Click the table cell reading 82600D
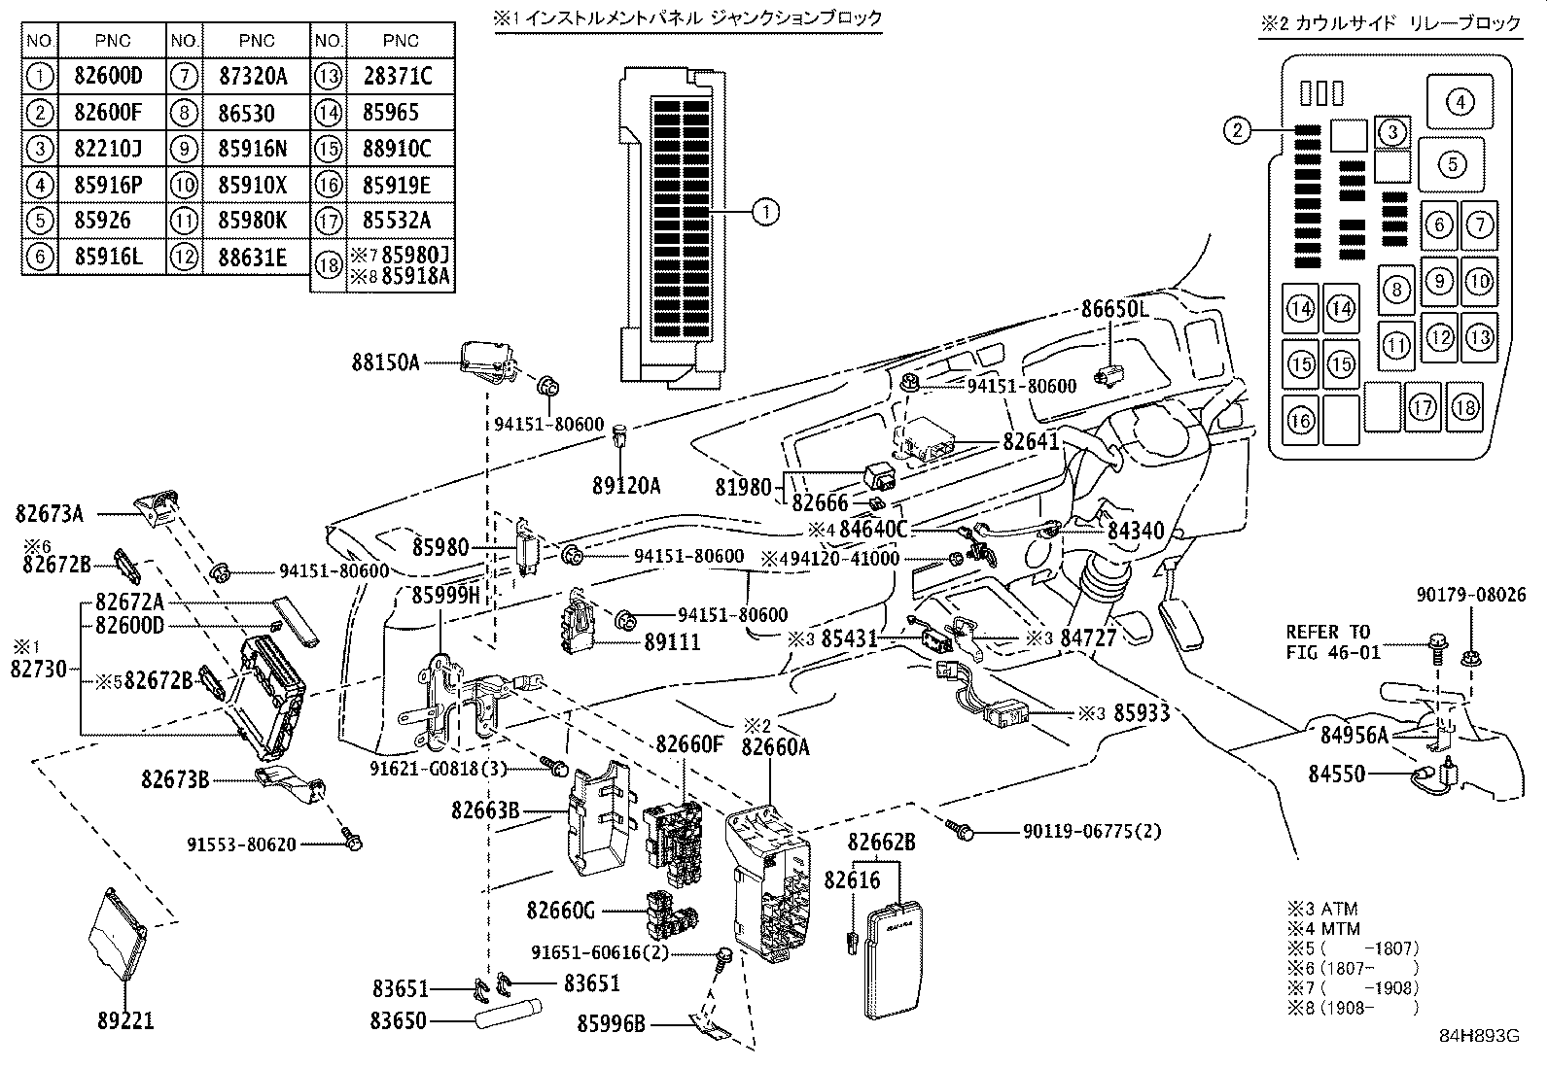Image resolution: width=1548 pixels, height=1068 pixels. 107,76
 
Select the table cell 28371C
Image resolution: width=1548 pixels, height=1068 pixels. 400,76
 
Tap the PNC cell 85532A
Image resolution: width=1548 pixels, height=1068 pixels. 400,221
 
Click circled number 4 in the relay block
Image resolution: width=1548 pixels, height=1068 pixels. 1460,101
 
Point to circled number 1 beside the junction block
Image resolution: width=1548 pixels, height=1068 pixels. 766,211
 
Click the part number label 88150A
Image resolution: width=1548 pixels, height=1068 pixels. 386,362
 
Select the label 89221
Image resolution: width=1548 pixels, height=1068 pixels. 125,1021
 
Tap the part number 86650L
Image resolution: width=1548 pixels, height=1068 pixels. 1115,309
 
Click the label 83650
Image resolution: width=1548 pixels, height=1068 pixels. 400,1020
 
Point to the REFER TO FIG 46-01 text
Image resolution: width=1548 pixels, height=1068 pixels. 1332,642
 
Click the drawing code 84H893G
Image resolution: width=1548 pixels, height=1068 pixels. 1478,1036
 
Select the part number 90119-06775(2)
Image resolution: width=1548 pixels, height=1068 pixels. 1091,832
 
